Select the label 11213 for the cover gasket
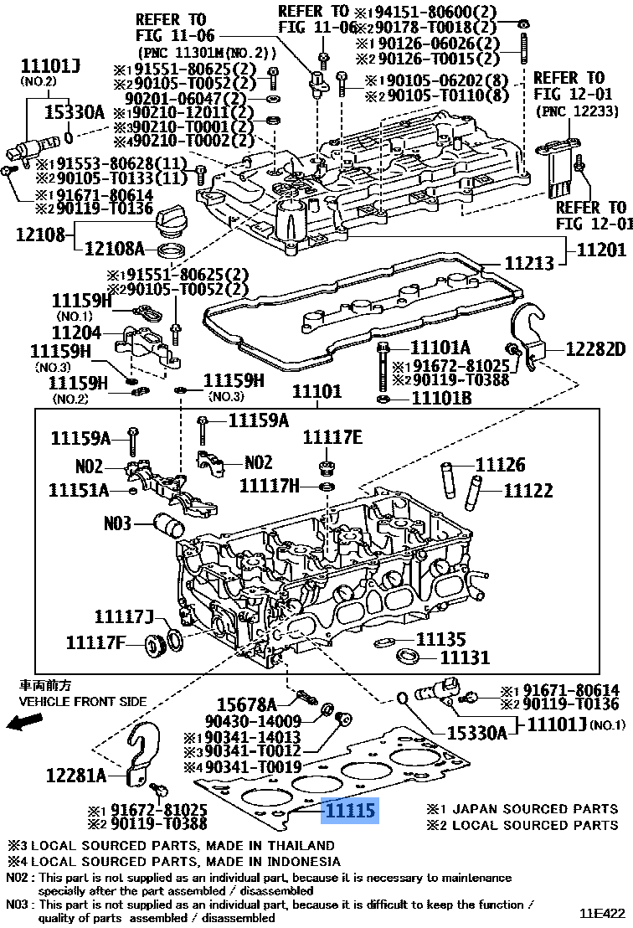click(x=529, y=263)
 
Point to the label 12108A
click(x=115, y=248)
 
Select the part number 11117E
click(x=332, y=436)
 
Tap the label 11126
click(x=500, y=464)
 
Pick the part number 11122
click(x=527, y=491)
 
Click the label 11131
click(x=465, y=658)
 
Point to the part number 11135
click(x=440, y=640)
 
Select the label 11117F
click(x=95, y=642)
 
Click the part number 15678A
click(x=246, y=704)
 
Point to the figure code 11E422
click(x=603, y=913)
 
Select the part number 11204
click(x=76, y=333)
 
